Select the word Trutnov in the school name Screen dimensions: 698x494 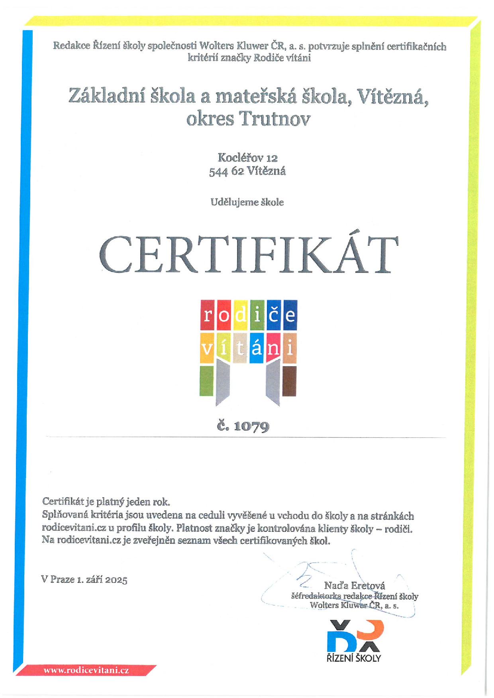click(274, 119)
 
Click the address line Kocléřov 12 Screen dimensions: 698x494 click(247, 158)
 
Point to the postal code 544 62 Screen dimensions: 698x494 click(226, 172)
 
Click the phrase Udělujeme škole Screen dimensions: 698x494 click(247, 202)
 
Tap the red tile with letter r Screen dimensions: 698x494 click(207, 315)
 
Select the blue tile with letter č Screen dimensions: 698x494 click(274, 315)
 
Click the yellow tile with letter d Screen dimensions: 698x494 click(240, 315)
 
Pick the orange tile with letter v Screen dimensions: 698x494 click(207, 348)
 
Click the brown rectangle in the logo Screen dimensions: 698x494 click(289, 381)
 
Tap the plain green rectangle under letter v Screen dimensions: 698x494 click(206, 381)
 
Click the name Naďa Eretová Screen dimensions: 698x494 click(355, 586)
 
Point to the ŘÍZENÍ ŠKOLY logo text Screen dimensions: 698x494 click(354, 658)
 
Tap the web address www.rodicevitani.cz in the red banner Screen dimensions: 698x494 click(86, 670)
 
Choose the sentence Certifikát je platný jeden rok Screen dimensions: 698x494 click(106, 502)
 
